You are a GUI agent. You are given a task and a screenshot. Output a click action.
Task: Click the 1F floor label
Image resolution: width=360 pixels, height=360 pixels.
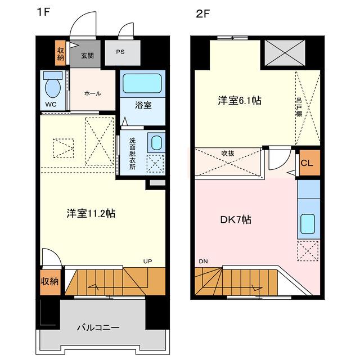pos(43,12)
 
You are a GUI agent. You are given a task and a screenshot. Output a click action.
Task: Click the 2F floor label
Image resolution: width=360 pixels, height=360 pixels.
pos(202,14)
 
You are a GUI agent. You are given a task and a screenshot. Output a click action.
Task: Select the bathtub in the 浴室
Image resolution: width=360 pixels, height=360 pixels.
pos(142,83)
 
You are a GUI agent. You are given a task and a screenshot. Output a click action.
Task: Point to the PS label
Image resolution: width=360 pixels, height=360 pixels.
pos(120,52)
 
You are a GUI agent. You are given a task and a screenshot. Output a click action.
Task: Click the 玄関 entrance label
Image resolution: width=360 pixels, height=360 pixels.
pos(87,56)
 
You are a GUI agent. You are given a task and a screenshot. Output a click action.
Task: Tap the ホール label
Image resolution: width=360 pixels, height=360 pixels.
pos(92,93)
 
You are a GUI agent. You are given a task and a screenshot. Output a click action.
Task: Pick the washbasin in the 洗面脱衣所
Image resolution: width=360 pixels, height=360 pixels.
pos(156,143)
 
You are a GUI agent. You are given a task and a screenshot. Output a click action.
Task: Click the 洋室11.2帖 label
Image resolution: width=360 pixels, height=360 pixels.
pos(91,214)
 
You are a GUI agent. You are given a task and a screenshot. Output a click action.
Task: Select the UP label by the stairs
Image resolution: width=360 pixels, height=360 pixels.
pos(147,261)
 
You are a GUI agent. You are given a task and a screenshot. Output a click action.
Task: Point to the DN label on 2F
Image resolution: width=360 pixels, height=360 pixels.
pos(203,261)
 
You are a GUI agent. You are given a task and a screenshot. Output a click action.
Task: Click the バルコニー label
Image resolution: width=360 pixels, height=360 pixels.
pos(98,327)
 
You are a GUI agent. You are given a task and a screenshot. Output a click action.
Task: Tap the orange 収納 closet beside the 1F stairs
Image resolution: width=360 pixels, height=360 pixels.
pos(50,282)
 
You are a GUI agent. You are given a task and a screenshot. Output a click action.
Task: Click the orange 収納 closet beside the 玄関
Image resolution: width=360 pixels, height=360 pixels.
pos(60,53)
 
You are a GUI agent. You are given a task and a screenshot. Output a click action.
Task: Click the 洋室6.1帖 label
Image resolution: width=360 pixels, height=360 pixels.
pos(240,101)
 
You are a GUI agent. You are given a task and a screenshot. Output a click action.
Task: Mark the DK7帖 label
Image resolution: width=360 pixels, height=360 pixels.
pos(236,220)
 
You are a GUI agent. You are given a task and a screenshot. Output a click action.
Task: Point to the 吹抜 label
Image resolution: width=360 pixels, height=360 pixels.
pos(227,153)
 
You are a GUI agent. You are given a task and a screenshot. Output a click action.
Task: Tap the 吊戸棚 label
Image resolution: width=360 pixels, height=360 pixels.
pos(299,107)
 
